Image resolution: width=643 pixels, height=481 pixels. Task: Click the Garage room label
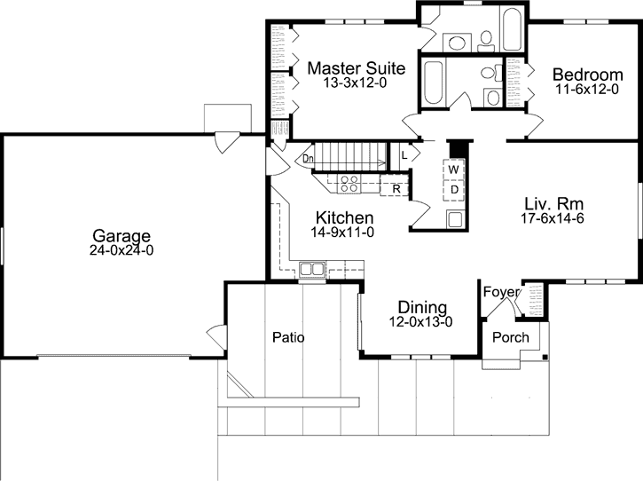click(122, 235)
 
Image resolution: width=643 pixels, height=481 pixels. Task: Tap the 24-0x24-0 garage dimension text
click(122, 250)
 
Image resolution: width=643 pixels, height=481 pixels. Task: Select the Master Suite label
click(356, 68)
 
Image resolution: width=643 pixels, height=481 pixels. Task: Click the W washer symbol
click(453, 169)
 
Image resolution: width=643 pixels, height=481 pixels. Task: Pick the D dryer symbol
click(453, 189)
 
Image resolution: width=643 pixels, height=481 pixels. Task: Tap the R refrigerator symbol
click(396, 188)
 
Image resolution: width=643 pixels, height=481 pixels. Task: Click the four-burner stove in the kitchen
click(349, 185)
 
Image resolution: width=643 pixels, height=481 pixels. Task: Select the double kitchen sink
click(311, 268)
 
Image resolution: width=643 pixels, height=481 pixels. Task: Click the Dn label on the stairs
click(308, 159)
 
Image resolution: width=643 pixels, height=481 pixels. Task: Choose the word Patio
click(288, 337)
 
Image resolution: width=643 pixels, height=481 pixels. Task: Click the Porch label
click(510, 337)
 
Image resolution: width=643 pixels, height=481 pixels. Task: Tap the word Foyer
click(501, 292)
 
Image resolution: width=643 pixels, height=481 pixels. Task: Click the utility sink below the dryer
click(454, 219)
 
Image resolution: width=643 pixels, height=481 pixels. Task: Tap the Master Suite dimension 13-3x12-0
click(356, 83)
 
